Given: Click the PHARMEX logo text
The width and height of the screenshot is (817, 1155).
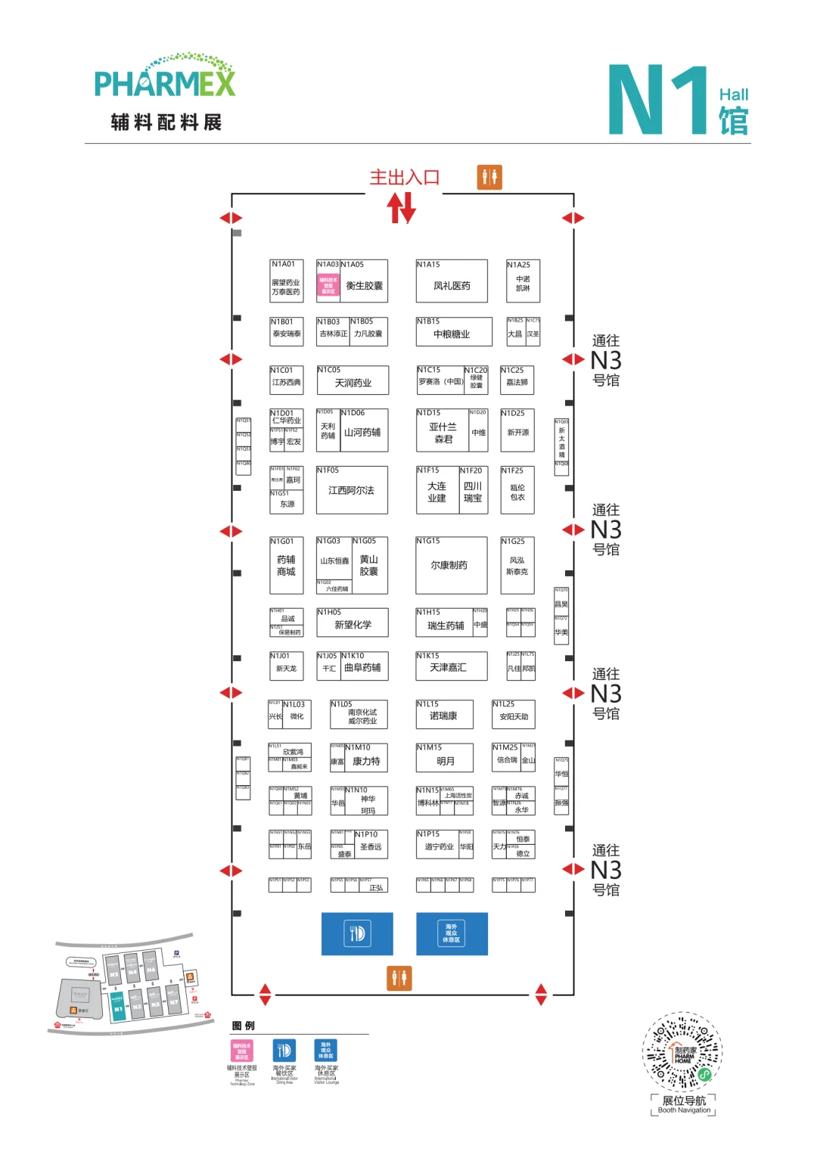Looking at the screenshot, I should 165,82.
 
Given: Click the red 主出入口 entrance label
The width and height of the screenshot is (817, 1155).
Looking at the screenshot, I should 404,178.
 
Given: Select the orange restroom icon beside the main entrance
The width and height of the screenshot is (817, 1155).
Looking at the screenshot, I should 489,177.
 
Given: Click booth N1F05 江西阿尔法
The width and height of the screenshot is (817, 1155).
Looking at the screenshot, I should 352,490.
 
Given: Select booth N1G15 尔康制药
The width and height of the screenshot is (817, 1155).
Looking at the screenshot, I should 451,565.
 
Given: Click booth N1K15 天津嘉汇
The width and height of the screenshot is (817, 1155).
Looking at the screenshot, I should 452,666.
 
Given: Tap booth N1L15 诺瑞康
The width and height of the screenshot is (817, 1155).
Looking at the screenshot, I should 445,715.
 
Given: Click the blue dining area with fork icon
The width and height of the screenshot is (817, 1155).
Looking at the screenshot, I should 357,933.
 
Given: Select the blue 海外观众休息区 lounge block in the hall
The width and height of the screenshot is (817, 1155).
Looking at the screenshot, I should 452,933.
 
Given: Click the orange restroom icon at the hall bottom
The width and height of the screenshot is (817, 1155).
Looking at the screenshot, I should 399,978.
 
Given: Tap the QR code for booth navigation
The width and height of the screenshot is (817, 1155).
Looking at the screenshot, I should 682,1051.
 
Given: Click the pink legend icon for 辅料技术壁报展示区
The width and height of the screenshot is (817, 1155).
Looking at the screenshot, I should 241,1051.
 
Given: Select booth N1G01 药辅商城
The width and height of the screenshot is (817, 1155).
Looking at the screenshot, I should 287,566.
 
